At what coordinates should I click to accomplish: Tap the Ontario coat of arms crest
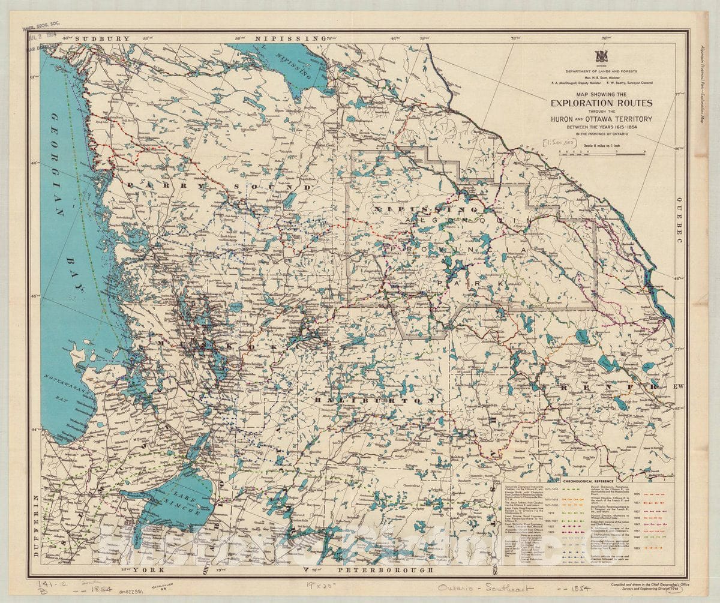[601, 56]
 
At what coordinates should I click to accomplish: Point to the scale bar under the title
[600, 152]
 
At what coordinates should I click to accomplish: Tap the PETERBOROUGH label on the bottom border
[384, 569]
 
